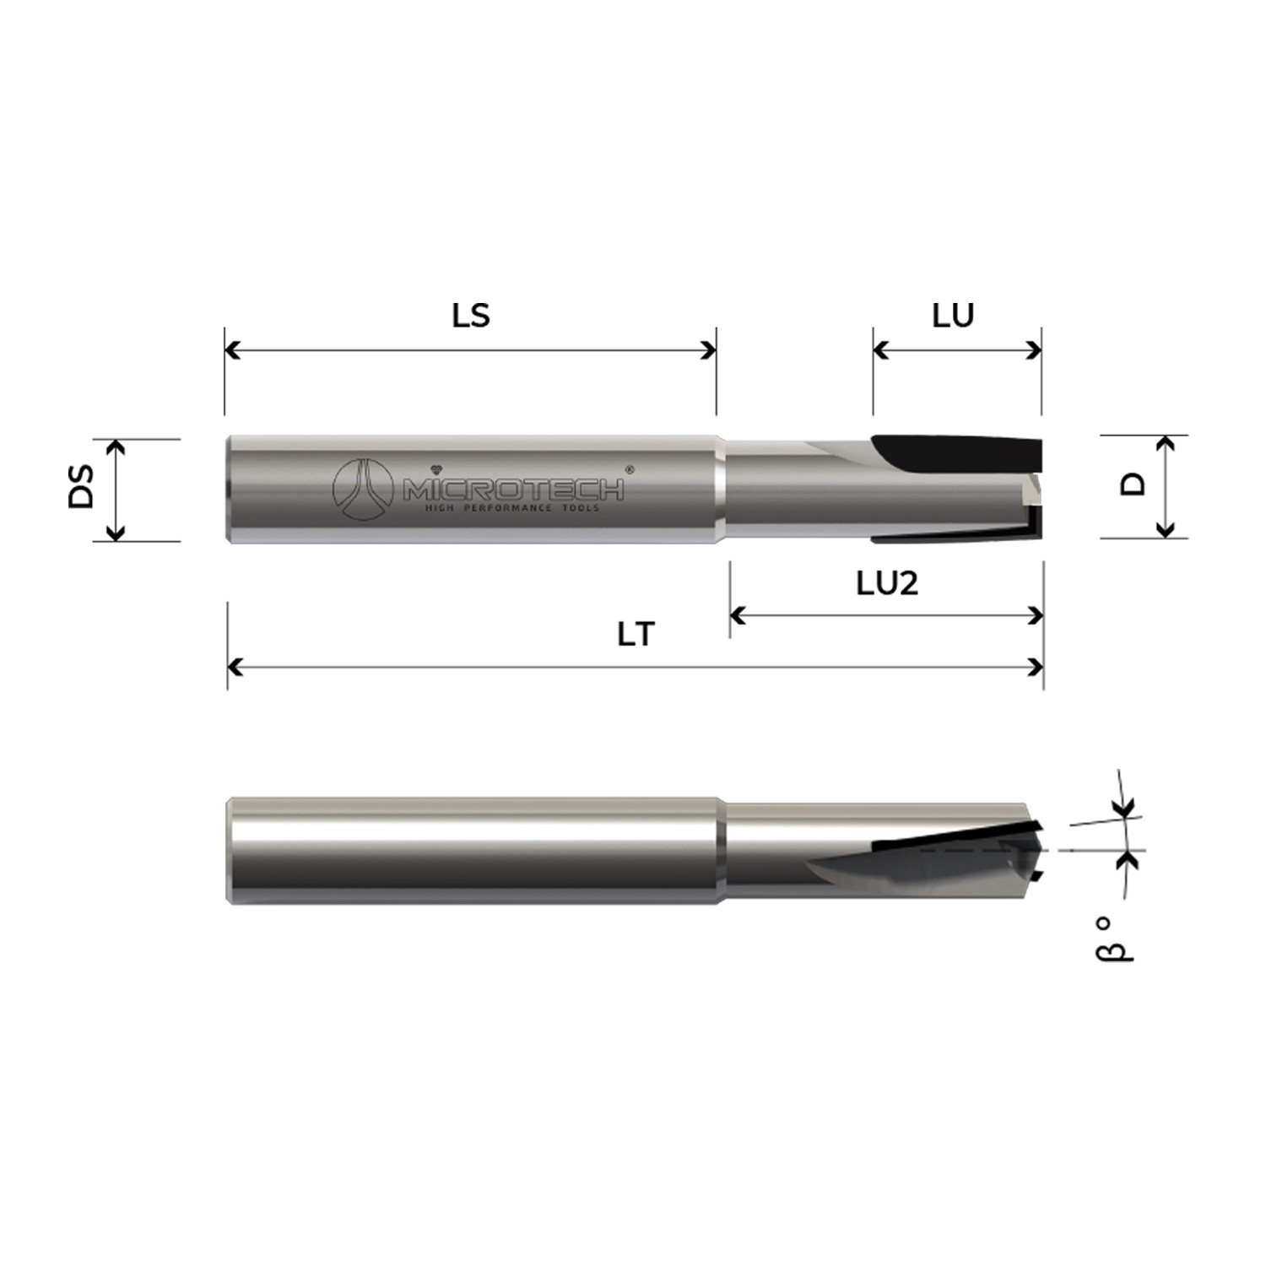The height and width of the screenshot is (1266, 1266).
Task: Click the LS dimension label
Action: [x=470, y=316]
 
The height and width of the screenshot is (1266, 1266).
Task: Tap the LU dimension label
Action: [x=953, y=316]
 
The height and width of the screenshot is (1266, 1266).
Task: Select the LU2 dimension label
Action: [x=886, y=583]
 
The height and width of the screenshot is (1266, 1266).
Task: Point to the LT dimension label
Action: [x=636, y=635]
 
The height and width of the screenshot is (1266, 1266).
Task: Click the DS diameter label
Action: [x=82, y=490]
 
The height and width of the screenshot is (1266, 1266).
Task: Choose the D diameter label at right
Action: [x=1133, y=484]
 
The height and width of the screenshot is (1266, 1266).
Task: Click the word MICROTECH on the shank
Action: [x=513, y=490]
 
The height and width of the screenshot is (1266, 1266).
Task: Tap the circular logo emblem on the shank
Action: [x=363, y=490]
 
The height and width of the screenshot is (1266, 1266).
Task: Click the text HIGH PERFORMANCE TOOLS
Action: [x=511, y=508]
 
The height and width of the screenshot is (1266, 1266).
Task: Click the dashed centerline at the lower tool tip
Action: [x=979, y=852]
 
